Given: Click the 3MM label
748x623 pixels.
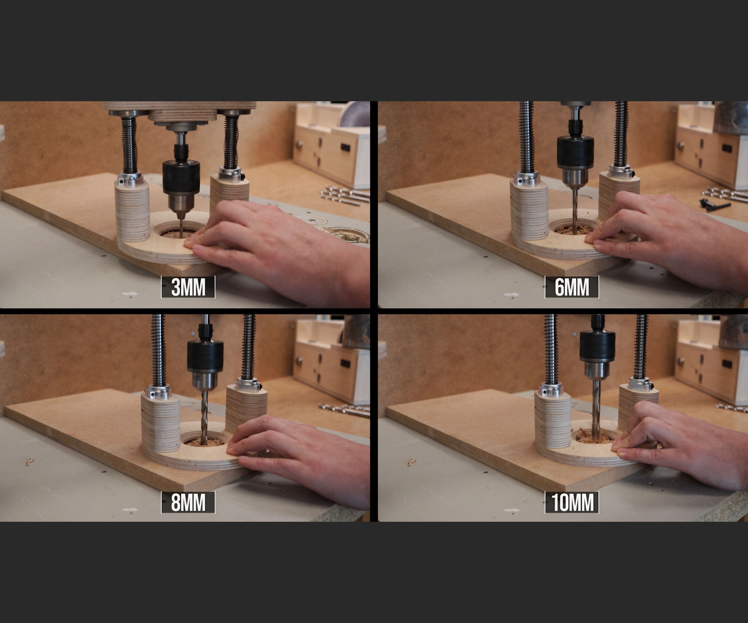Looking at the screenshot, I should [x=188, y=287].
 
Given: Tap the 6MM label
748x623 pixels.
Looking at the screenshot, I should [x=572, y=287].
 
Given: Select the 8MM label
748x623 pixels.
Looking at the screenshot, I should [x=188, y=502].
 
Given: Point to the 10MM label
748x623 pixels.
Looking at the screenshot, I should [x=572, y=502].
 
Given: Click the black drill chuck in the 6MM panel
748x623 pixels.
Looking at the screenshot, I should [x=575, y=152].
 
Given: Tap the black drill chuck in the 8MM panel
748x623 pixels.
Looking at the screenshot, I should [x=205, y=355].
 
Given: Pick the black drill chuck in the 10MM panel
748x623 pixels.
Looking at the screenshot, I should [x=597, y=345].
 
